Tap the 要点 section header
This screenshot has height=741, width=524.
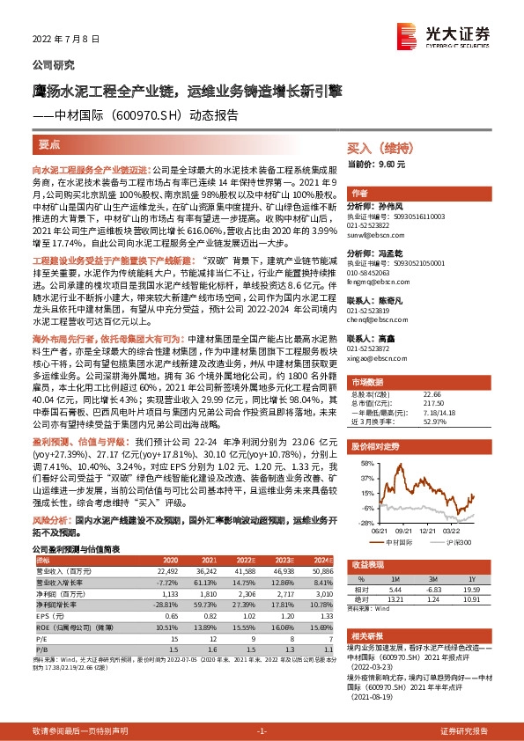[x=50, y=143]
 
